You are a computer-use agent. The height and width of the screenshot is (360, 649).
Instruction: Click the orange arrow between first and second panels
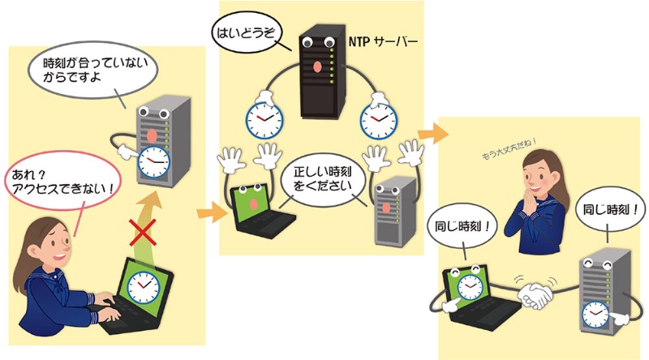(210, 215)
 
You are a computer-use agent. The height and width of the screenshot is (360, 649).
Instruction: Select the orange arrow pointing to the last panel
(435, 131)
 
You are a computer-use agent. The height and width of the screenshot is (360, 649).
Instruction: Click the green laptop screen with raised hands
(247, 204)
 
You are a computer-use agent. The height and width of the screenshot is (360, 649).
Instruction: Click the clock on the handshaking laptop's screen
(465, 284)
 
